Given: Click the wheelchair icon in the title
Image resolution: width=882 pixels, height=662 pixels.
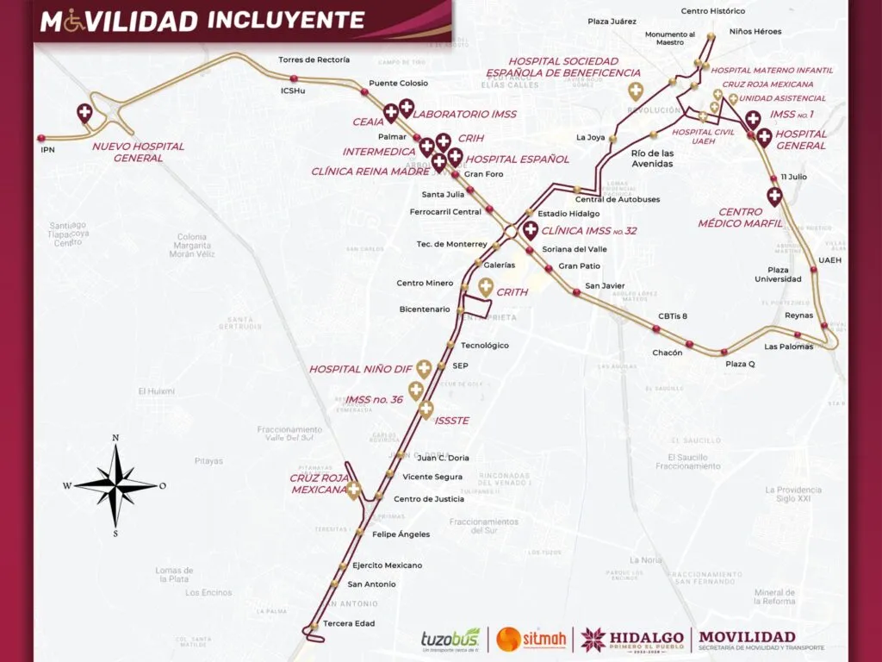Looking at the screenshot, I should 74,22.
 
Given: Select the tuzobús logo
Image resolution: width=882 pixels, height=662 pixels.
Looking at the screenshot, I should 450,639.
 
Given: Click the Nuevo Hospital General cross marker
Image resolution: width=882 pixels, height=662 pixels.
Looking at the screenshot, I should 84,112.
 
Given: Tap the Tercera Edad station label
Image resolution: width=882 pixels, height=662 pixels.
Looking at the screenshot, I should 349,623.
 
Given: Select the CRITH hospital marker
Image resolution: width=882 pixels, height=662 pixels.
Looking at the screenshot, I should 486,287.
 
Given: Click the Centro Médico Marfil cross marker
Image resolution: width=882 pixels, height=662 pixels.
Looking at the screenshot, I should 774,197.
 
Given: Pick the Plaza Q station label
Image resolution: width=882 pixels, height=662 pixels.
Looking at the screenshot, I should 739,364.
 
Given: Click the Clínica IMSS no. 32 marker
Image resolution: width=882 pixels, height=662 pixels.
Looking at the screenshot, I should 531,229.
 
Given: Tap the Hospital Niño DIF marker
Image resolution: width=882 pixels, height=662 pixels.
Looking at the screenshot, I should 423,368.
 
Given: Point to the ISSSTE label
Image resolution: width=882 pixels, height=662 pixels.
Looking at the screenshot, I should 452,421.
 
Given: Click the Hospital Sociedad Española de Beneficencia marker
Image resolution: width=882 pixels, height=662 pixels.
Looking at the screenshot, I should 636,91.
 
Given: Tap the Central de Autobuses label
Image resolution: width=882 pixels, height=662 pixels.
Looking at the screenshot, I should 618,199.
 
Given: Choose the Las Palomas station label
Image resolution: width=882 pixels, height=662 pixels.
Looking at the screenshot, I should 788,347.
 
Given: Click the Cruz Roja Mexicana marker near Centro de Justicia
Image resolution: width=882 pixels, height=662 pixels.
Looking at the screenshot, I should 352,490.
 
